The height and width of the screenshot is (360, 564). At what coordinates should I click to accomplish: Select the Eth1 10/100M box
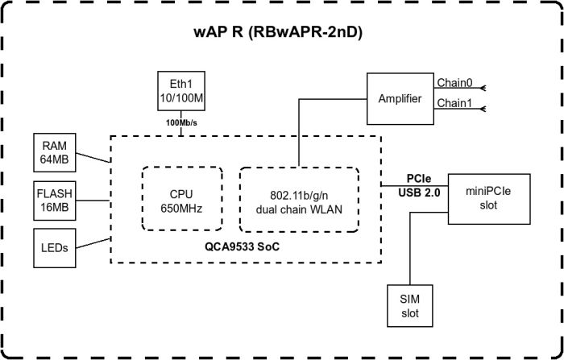coord(181,90)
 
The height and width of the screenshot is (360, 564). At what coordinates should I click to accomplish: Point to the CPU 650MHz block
coord(180,200)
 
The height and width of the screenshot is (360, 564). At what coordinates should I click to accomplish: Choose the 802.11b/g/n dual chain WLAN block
coord(298,200)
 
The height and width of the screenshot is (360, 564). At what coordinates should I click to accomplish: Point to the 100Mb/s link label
coord(181,122)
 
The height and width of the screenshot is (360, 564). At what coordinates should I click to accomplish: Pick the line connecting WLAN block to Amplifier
coord(299,129)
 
